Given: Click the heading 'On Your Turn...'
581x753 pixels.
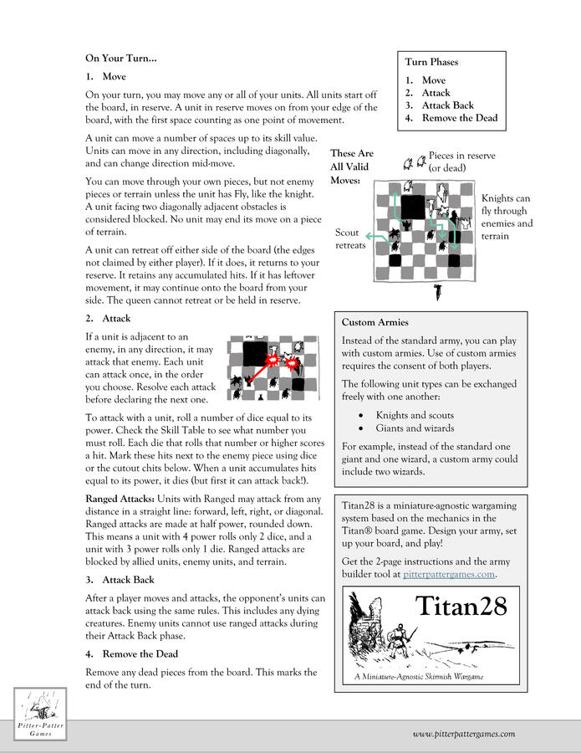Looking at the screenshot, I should coord(120,59).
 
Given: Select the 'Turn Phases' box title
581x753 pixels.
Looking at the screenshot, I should coord(431,62).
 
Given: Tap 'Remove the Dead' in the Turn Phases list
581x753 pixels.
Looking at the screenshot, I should coord(459,118).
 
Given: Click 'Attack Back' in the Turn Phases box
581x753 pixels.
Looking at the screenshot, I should coord(447,105).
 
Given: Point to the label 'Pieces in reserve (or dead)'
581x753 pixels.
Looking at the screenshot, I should coord(461,162).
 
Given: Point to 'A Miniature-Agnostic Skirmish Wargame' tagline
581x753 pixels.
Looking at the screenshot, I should coord(419,676).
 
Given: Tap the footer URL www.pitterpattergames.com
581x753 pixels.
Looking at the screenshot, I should coord(463,735).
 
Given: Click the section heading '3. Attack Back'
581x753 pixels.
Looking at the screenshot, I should coord(120,580).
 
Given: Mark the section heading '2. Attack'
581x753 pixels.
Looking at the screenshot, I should coord(109,319).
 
